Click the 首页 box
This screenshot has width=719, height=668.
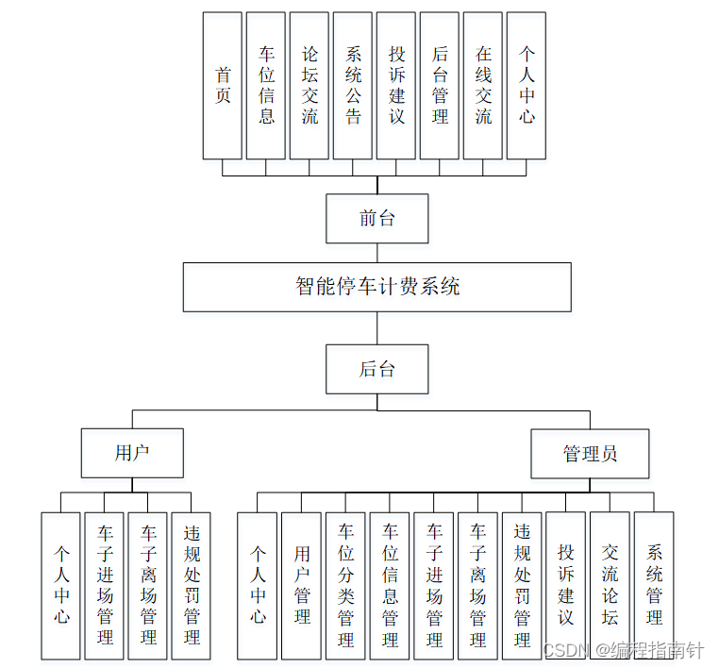pyautogui.click(x=223, y=85)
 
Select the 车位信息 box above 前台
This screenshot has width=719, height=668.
pyautogui.click(x=266, y=85)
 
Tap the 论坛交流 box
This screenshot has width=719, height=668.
pyautogui.click(x=309, y=85)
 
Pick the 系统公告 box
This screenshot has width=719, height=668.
pyautogui.click(x=353, y=85)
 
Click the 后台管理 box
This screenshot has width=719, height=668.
pyautogui.click(x=440, y=85)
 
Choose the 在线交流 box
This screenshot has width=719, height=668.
pyautogui.click(x=483, y=85)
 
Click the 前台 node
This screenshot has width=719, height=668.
pyautogui.click(x=377, y=219)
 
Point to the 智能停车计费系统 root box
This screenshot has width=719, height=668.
pyautogui.click(x=377, y=287)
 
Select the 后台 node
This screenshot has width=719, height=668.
pyautogui.click(x=377, y=369)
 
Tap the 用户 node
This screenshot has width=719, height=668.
pyautogui.click(x=132, y=453)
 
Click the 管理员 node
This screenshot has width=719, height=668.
pyautogui.click(x=590, y=454)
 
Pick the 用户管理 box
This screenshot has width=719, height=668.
pyautogui.click(x=302, y=585)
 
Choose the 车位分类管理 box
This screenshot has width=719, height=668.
pyautogui.click(x=345, y=585)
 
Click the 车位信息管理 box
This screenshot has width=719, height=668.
pyautogui.click(x=390, y=585)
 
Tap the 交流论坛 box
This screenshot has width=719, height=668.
pyautogui.click(x=610, y=585)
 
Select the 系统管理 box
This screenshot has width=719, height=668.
pyautogui.click(x=654, y=585)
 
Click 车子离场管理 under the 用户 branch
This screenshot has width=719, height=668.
pyautogui.click(x=148, y=585)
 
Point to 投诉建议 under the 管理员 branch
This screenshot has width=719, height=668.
pyautogui.click(x=566, y=585)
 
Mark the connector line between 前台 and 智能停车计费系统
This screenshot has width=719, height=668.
pyautogui.click(x=377, y=253)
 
